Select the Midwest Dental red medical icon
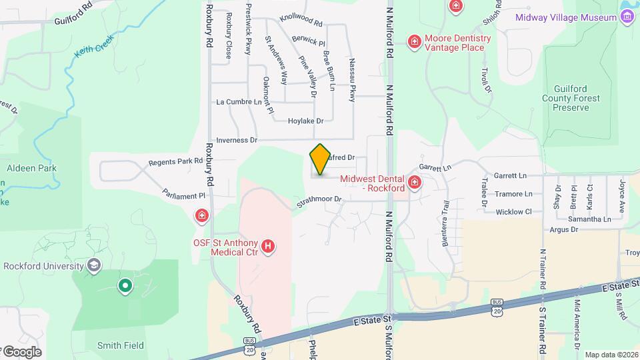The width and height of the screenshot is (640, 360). (x=415, y=182)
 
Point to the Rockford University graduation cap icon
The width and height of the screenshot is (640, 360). (x=94, y=266)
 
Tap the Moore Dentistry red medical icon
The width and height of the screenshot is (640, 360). (x=414, y=43)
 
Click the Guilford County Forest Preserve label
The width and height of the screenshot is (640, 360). (x=576, y=98)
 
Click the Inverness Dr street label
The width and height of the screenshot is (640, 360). (x=237, y=140)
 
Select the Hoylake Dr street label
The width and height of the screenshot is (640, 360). (x=305, y=121)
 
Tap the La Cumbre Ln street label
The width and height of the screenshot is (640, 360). (x=239, y=102)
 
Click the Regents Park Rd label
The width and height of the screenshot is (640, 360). (x=175, y=161)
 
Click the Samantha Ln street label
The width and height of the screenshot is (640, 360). (x=589, y=219)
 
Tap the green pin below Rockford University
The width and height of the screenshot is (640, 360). (x=125, y=287)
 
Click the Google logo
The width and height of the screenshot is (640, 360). (x=23, y=352)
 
